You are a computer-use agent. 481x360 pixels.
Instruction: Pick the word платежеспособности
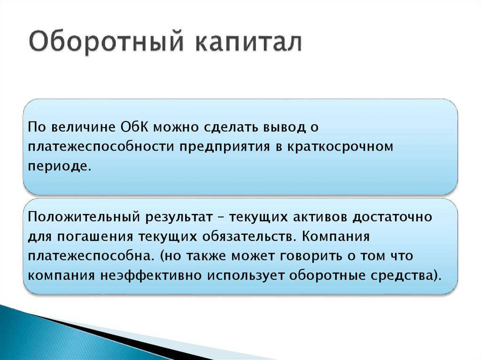point(100,147)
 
